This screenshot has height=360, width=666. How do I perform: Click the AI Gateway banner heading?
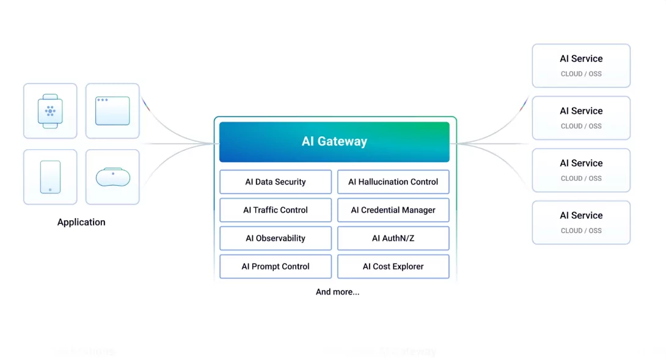(x=334, y=141)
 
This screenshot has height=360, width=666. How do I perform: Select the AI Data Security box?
(x=276, y=182)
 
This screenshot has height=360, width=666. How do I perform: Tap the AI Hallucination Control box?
(x=393, y=182)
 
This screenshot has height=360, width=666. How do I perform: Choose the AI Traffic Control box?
(x=276, y=210)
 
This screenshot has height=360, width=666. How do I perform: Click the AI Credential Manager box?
(x=393, y=210)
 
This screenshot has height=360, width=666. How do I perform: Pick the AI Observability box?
(x=276, y=238)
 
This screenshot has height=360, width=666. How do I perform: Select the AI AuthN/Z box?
(x=393, y=238)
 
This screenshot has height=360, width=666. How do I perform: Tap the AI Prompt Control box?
(x=276, y=266)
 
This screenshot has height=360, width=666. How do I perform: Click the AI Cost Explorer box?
(x=393, y=266)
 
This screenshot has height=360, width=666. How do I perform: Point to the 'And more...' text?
(x=337, y=292)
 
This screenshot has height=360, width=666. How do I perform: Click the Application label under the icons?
(x=81, y=222)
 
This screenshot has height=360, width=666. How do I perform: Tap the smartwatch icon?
(x=50, y=111)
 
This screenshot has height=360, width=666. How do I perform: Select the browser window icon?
(x=112, y=111)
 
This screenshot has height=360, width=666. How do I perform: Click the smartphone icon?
(x=50, y=177)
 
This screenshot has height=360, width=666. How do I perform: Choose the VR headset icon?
(x=112, y=177)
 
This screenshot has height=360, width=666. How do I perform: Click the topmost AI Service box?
(x=581, y=65)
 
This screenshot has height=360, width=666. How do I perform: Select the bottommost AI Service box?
(x=581, y=222)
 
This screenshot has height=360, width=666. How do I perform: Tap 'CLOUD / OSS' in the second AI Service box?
(x=581, y=126)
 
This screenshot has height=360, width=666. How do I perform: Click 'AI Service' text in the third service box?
(x=581, y=163)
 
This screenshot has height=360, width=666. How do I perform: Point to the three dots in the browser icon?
(x=102, y=100)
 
